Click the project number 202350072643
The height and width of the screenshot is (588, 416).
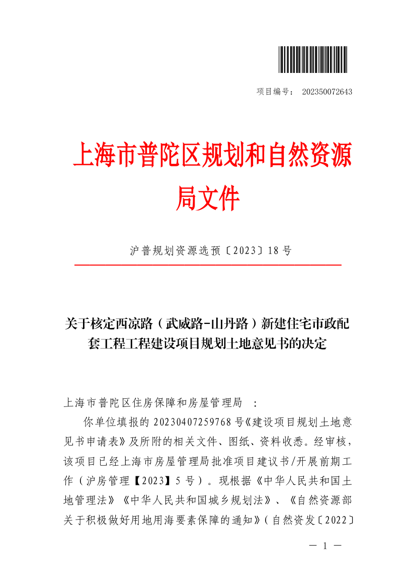click(327, 92)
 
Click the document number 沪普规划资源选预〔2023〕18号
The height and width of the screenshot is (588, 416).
click(211, 250)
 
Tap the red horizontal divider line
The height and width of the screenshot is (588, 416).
click(208, 264)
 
